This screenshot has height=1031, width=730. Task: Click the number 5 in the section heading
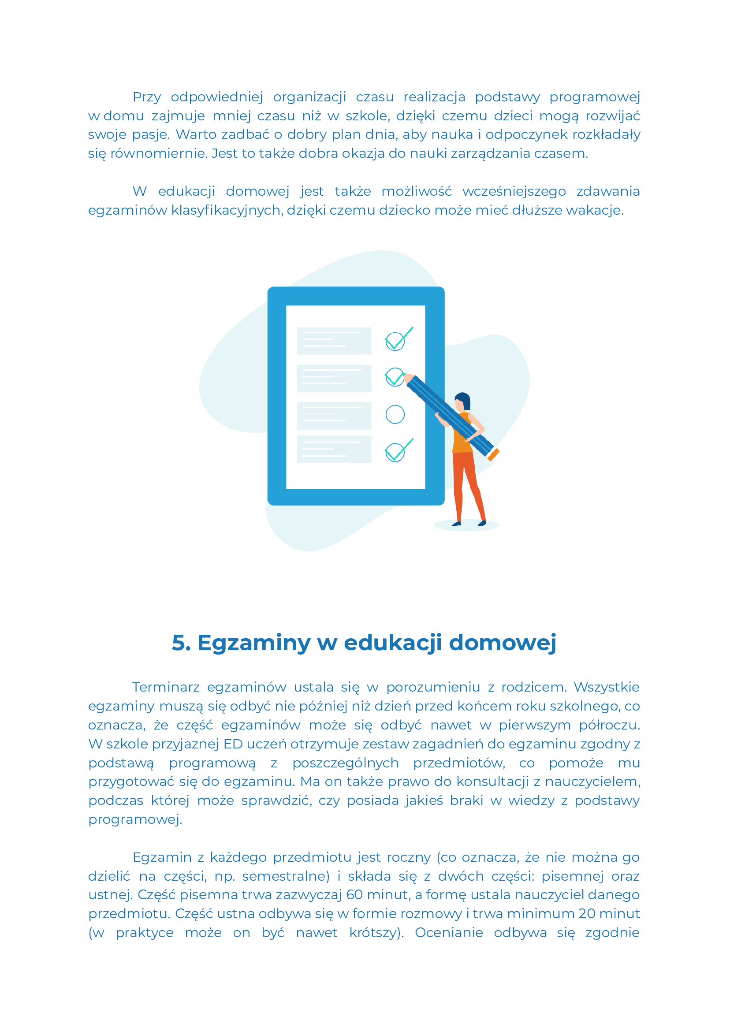click(179, 643)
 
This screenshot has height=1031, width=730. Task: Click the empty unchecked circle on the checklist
click(395, 414)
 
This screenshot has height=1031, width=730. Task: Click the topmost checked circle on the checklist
click(395, 342)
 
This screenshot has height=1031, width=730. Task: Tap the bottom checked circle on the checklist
click(395, 452)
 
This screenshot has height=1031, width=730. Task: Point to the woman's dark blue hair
click(463, 398)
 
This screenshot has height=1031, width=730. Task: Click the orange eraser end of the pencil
click(494, 455)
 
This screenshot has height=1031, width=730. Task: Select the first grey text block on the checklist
click(334, 341)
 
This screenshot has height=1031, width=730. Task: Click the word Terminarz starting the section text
click(165, 688)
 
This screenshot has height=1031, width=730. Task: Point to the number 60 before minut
click(354, 895)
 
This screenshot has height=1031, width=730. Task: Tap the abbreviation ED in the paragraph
click(233, 744)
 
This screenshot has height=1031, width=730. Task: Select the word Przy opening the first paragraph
click(146, 97)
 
